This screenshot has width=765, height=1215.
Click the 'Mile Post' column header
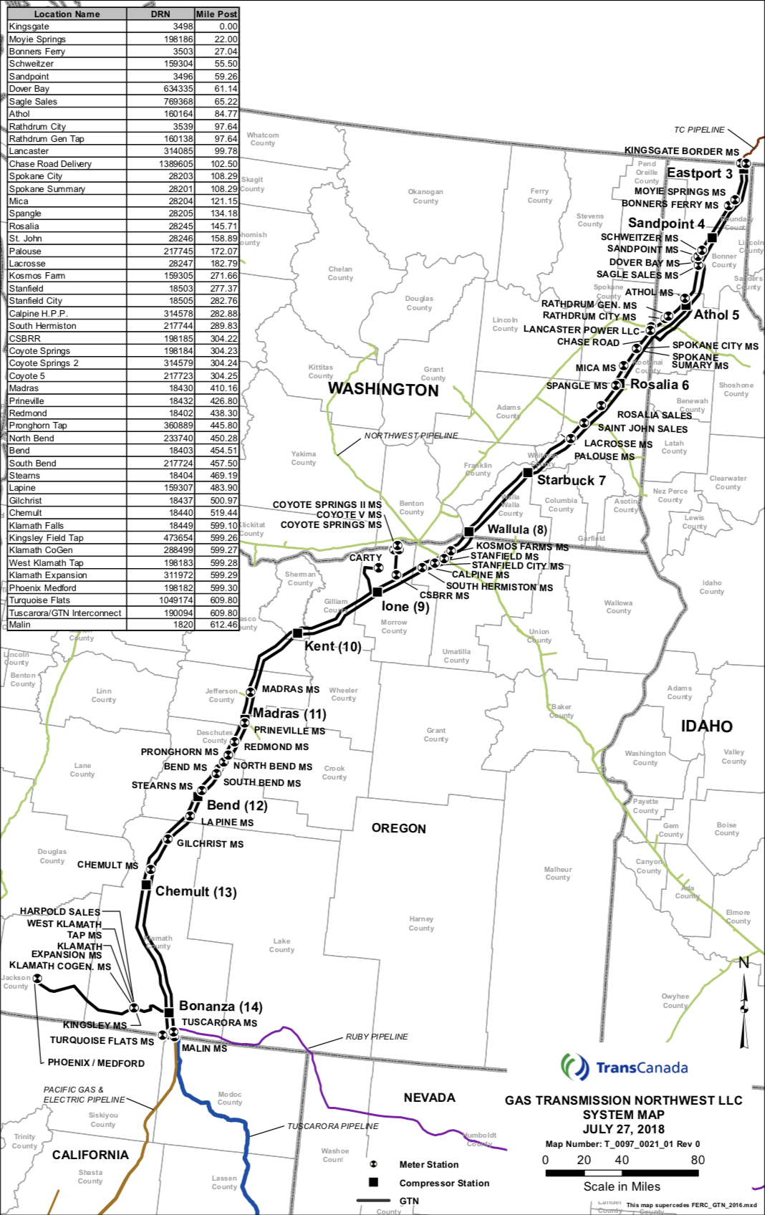[x=216, y=14]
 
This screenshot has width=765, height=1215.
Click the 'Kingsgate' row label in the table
[x=29, y=27]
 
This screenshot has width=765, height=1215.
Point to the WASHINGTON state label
[x=383, y=390]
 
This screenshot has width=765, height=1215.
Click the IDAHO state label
[x=706, y=726]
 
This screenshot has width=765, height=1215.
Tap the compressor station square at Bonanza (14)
[x=169, y=1012]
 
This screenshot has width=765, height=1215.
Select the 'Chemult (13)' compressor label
[x=196, y=892]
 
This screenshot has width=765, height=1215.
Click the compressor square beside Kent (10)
[x=297, y=633]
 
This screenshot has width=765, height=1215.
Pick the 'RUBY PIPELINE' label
[x=377, y=1037]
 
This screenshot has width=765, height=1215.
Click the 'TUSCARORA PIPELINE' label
[x=332, y=1126]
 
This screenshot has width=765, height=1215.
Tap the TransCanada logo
[x=624, y=1067]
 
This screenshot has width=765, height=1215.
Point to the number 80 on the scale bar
[x=697, y=1160]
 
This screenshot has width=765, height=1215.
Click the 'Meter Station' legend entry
[x=428, y=1165]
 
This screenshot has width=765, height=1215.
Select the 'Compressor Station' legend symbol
[x=373, y=1182]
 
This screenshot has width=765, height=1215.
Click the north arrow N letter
[x=744, y=963]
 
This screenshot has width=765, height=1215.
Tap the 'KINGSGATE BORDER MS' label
[x=681, y=151]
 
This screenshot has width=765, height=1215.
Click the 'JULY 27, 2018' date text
[x=623, y=1129]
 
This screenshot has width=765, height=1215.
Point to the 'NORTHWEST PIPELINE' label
[x=410, y=436]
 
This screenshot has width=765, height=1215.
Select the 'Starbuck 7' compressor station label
[x=571, y=481]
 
